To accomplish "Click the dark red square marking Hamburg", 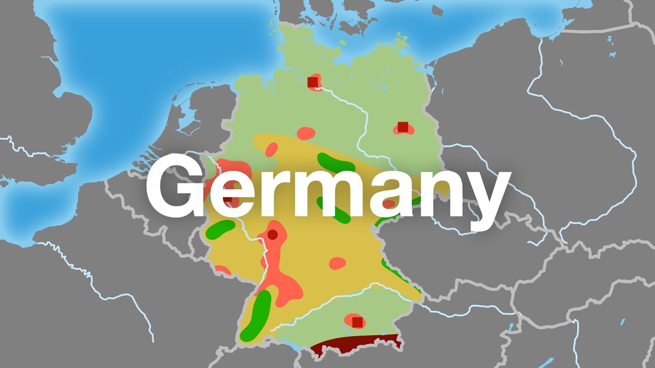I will pyautogui.click(x=313, y=82).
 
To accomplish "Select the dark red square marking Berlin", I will pyautogui.click(x=403, y=127).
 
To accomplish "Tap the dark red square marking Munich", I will pyautogui.click(x=357, y=322).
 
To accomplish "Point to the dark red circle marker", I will pyautogui.click(x=272, y=235).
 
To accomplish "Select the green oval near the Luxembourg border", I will pyautogui.click(x=220, y=229).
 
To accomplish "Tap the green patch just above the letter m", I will pyautogui.click(x=335, y=162).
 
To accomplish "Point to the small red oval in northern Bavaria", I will pyautogui.click(x=337, y=263).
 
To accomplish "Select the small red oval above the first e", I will pyautogui.click(x=271, y=149).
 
